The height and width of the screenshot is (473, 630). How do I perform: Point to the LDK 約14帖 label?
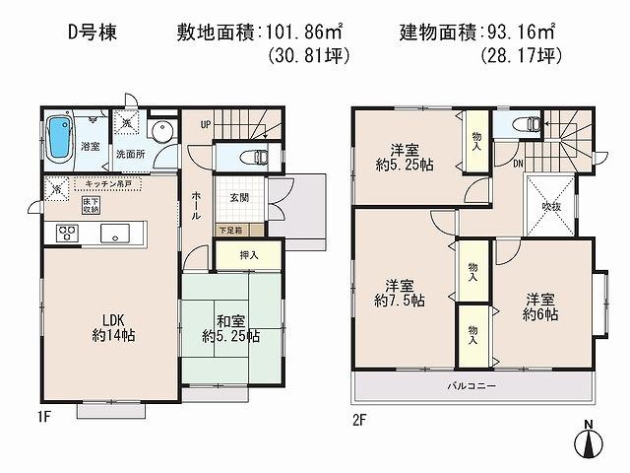tap(108, 326)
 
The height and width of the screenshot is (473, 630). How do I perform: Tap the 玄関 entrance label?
tap(240, 198)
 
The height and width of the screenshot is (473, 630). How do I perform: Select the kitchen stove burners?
tap(66, 234)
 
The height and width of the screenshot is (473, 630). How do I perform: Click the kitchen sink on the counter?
tap(110, 234)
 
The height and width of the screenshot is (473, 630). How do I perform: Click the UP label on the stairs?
tap(206, 123)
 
